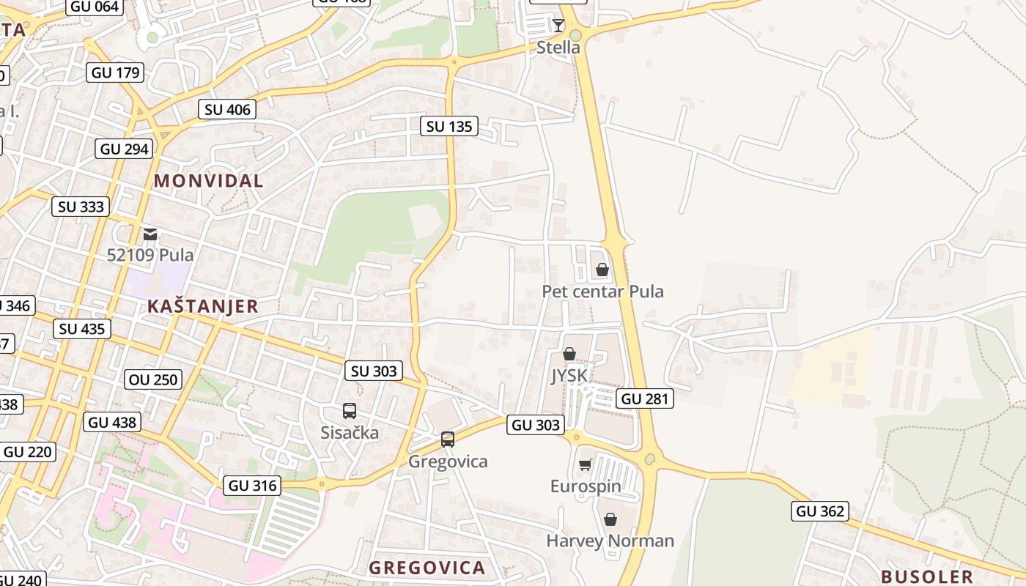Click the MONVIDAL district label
[208, 181]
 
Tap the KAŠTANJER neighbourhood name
[203, 306]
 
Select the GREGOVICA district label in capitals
[427, 568]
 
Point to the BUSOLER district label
[926, 576]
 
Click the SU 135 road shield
[450, 126]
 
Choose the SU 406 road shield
[227, 110]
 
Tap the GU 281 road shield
[644, 399]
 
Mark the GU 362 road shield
[820, 511]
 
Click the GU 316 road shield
[252, 486]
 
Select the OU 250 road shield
[153, 379]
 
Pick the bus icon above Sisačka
[350, 411]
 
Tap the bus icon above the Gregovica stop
[447, 439]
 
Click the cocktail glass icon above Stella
[558, 26]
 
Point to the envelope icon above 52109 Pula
[150, 234]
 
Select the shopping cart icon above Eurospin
[585, 465]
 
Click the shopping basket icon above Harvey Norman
[610, 519]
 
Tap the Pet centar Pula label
[602, 292]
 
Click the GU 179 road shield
[115, 73]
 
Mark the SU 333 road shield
[81, 207]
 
